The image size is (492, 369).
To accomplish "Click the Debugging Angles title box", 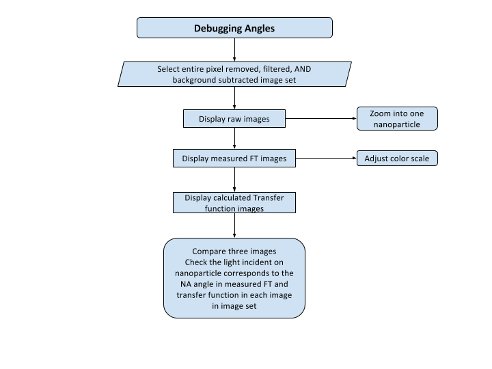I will point(234,27).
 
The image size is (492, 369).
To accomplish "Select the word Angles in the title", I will point(258,29).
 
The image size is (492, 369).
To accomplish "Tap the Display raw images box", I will point(234,119).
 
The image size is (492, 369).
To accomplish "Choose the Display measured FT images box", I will point(234,159).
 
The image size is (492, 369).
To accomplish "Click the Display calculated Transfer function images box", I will point(234,203).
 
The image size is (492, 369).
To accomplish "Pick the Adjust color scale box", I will point(396,159).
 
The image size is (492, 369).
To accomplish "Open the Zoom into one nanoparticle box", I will point(396,119).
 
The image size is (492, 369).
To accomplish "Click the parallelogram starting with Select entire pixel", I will point(234,74).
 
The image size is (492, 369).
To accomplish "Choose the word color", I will point(399,159).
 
